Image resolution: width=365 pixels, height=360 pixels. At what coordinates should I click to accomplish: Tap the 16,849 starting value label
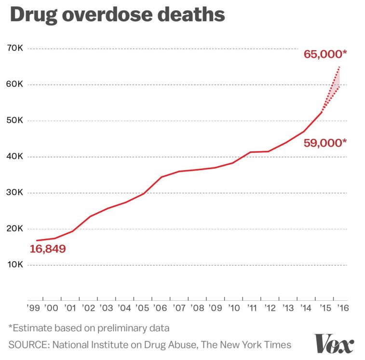tap(48, 249)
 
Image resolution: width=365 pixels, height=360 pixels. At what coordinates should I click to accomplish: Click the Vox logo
tap(334, 343)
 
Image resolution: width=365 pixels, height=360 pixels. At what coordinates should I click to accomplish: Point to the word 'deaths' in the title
tap(195, 15)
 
